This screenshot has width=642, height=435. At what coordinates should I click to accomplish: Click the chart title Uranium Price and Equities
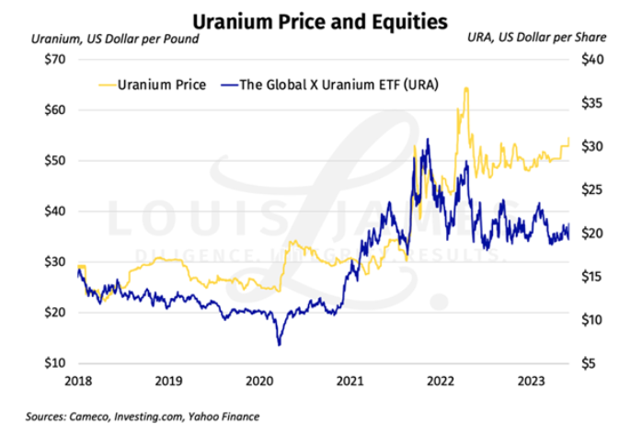320,17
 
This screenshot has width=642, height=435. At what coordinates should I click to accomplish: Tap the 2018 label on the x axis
77,379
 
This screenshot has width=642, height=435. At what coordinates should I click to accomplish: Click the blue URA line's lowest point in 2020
279,345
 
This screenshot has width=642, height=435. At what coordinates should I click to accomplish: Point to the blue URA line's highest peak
428,140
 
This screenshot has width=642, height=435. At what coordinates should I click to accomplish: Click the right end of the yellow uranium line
569,138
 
